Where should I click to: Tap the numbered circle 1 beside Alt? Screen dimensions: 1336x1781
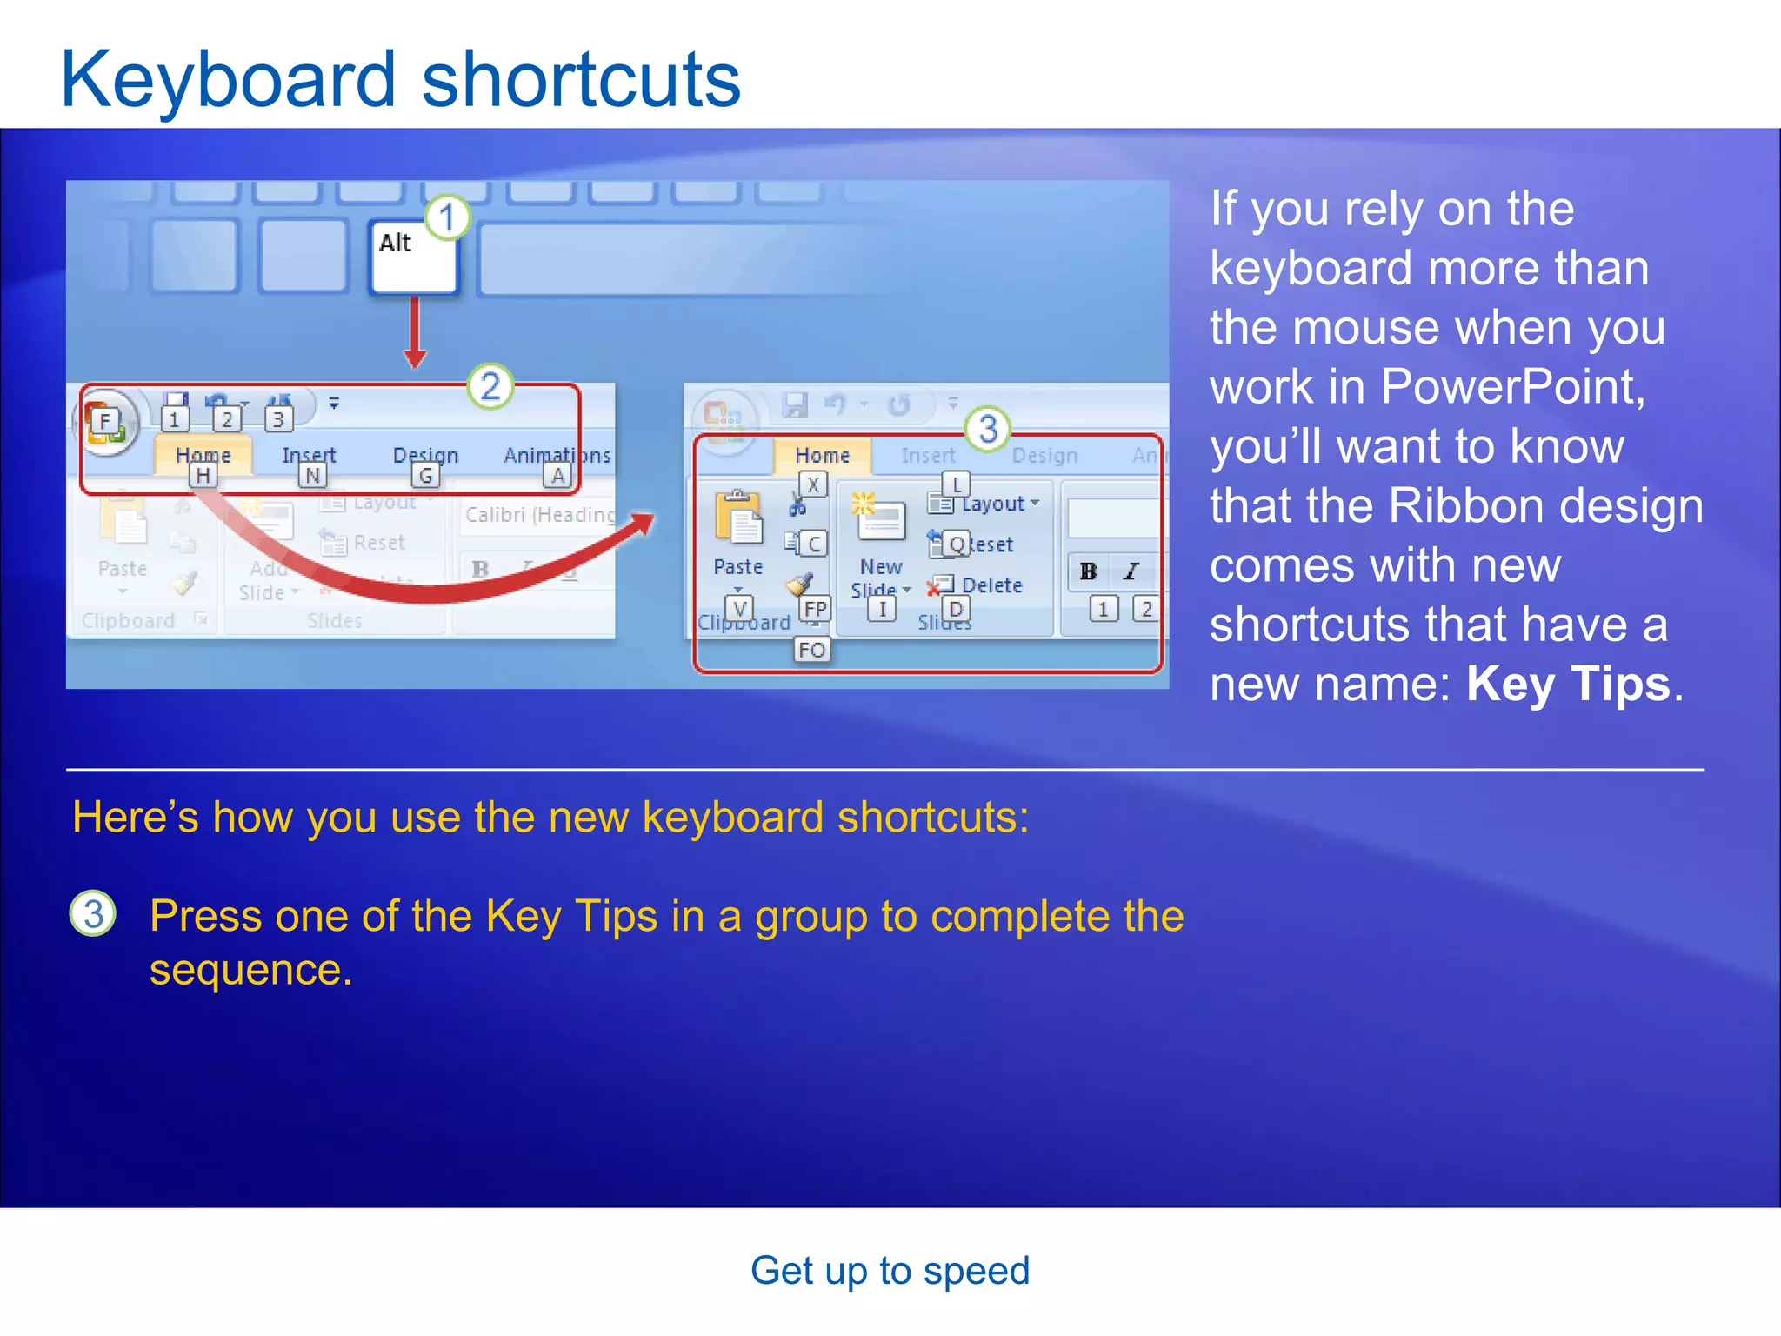tap(448, 217)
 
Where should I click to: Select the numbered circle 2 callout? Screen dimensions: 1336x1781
tap(490, 386)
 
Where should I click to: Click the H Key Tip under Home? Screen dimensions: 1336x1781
tap(203, 476)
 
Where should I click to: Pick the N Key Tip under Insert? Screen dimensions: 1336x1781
tap(312, 476)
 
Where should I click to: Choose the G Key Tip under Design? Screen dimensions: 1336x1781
tap(425, 476)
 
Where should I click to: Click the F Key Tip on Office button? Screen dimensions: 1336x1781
tap(105, 422)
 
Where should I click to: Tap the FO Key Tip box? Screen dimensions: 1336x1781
tap(812, 650)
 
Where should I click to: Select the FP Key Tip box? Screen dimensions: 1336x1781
tap(815, 609)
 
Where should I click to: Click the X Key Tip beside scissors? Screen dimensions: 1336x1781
tap(813, 484)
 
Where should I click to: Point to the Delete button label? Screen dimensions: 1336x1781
tap(991, 585)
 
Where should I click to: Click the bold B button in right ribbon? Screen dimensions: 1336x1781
tap(1088, 571)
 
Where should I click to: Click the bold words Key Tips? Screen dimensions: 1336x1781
tap(1568, 684)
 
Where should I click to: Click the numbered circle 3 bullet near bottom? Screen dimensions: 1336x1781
tap(93, 914)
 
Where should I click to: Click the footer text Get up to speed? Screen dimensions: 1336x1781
tap(890, 1271)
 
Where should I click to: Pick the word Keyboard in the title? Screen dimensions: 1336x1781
tap(229, 80)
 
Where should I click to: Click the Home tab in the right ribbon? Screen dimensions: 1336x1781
tap(822, 455)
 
